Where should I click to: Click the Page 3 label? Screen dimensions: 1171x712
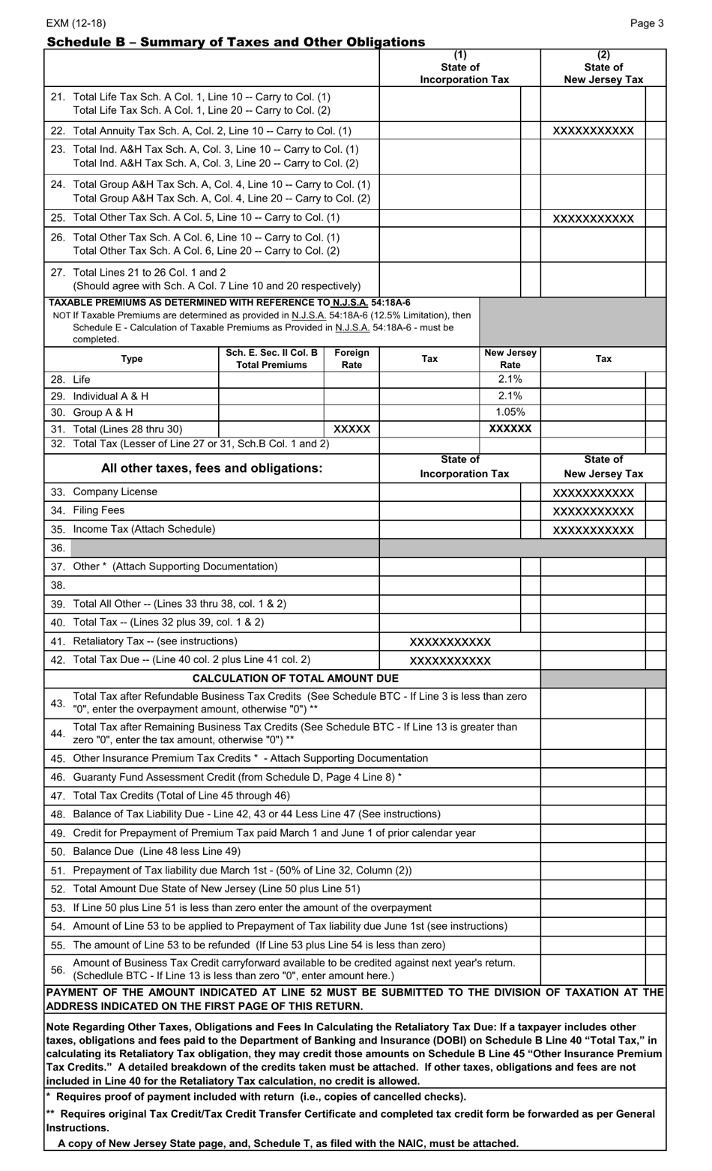(647, 23)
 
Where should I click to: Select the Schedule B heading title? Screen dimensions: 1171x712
(235, 42)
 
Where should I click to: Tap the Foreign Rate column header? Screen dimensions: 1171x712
(352, 359)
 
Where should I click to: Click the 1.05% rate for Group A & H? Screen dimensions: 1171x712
(510, 412)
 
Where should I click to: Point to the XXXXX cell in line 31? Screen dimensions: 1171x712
(352, 429)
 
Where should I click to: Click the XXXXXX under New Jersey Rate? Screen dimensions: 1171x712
(510, 429)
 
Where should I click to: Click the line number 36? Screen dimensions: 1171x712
(58, 548)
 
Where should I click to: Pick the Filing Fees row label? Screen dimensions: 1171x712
(88, 511)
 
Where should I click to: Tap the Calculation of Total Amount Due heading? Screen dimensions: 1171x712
(295, 679)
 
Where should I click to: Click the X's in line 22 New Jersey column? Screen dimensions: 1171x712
(593, 131)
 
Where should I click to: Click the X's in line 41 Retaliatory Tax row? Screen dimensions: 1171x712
(450, 642)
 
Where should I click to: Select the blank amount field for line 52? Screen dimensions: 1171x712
(592, 889)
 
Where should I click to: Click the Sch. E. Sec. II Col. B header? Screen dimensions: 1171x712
(271, 359)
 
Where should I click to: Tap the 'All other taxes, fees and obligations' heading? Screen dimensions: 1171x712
(212, 468)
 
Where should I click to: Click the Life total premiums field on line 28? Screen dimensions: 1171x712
(271, 380)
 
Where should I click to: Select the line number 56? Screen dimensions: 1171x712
(58, 969)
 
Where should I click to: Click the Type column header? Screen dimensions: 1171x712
(132, 359)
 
